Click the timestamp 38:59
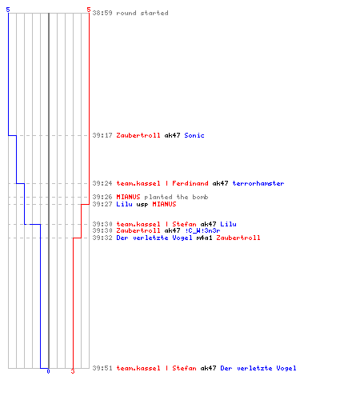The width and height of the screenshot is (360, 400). click(102, 13)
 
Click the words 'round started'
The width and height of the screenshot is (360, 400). click(142, 13)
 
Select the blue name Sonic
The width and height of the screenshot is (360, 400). click(194, 135)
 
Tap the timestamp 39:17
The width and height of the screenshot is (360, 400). click(102, 135)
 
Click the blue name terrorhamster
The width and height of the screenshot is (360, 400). click(258, 183)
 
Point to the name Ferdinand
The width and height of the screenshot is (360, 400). click(190, 183)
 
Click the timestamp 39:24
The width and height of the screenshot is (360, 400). click(102, 183)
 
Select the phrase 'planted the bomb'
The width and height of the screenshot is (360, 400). click(176, 197)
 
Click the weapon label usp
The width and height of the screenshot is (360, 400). click(142, 204)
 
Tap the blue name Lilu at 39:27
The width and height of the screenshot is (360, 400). click(124, 204)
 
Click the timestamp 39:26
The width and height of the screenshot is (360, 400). click(102, 197)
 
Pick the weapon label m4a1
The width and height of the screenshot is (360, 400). click(205, 238)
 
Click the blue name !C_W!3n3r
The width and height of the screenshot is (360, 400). click(202, 230)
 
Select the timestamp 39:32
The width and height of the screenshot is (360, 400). click(102, 238)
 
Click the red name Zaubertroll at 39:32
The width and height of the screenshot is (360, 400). click(238, 238)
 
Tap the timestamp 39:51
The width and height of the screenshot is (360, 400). click(102, 368)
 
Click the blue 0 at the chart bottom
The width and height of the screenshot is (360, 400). click(48, 371)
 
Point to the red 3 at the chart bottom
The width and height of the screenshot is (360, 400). click(73, 371)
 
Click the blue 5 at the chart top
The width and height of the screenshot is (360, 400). click(8, 10)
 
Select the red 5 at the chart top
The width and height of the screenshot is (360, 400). click(89, 10)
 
